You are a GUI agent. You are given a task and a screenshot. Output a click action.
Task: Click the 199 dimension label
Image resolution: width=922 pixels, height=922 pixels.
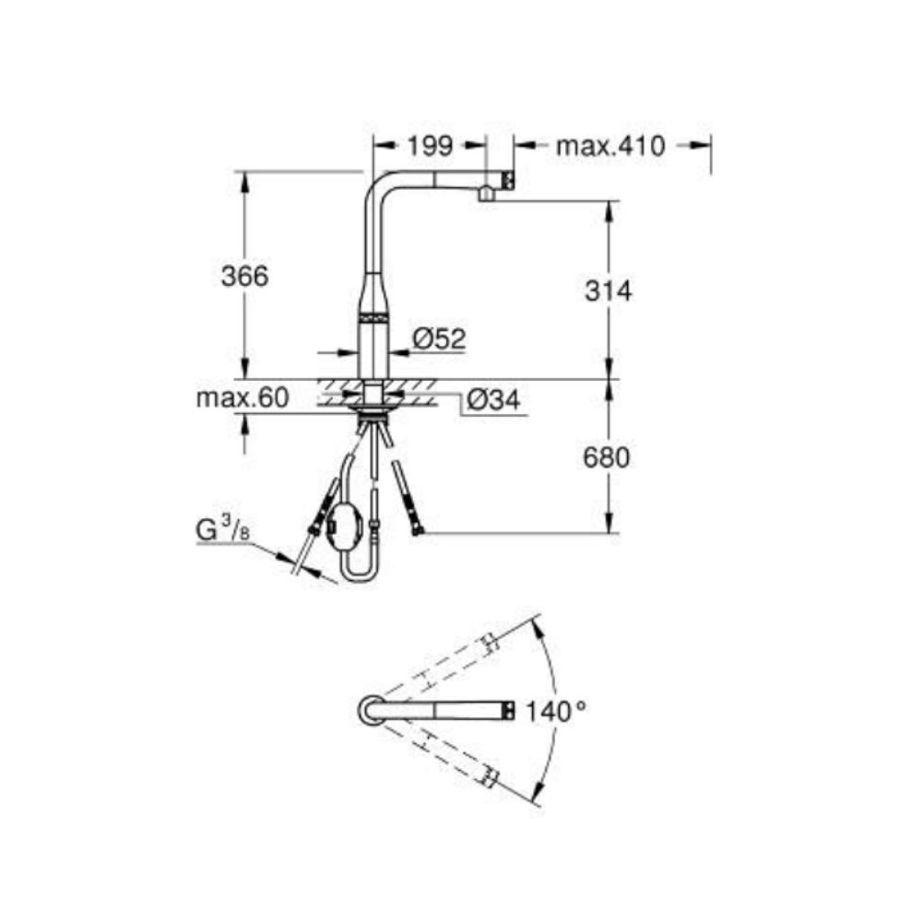pyautogui.click(x=431, y=147)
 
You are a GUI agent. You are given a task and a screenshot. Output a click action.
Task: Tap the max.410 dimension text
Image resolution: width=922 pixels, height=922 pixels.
pyautogui.click(x=610, y=147)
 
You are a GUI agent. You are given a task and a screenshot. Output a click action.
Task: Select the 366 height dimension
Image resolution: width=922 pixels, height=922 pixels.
pyautogui.click(x=244, y=276)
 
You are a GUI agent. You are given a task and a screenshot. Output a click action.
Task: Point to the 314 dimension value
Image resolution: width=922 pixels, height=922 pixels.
pyautogui.click(x=608, y=290)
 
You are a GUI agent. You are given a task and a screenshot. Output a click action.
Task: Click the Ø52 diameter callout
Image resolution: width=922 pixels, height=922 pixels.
pyautogui.click(x=439, y=338)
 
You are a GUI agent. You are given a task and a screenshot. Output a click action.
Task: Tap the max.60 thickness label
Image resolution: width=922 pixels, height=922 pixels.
pyautogui.click(x=242, y=398)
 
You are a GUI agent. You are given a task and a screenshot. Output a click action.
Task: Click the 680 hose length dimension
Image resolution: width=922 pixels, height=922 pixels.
pyautogui.click(x=607, y=457)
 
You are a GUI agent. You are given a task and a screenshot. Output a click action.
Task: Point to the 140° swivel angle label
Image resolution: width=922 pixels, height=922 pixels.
pyautogui.click(x=555, y=712)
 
